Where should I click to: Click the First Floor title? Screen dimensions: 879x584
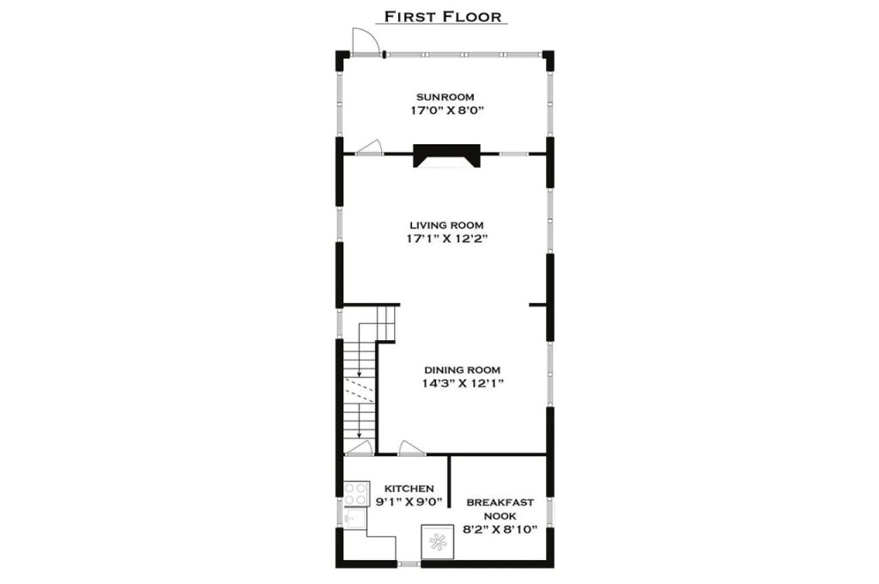pos(442,16)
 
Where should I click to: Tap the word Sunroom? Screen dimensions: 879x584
pos(446,97)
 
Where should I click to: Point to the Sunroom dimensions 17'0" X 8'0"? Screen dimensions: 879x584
pos(446,111)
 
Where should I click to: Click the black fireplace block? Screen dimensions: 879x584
pos(446,155)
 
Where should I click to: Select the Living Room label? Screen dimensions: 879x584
pos(446,226)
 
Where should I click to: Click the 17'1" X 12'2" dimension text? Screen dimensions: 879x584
pos(446,239)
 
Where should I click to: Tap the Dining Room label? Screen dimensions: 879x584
pos(462,370)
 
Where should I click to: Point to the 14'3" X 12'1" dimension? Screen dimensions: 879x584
pos(463,384)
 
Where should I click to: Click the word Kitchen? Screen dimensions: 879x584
pos(409,489)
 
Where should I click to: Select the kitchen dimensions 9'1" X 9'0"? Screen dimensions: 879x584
pos(409,502)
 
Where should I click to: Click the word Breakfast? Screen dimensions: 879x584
pos(500,502)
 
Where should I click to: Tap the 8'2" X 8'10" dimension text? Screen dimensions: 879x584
pos(500,529)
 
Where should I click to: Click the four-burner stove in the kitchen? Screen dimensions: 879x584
pos(356,494)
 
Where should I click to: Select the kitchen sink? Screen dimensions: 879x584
pos(355,518)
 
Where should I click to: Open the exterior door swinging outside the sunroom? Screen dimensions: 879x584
pos(364,41)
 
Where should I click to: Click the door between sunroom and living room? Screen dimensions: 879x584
pos(369,147)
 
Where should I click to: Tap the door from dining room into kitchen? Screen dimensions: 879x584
pos(411,447)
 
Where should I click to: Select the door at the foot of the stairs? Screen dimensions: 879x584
pos(359,447)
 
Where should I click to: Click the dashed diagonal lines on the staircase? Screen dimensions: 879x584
pos(358,391)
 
